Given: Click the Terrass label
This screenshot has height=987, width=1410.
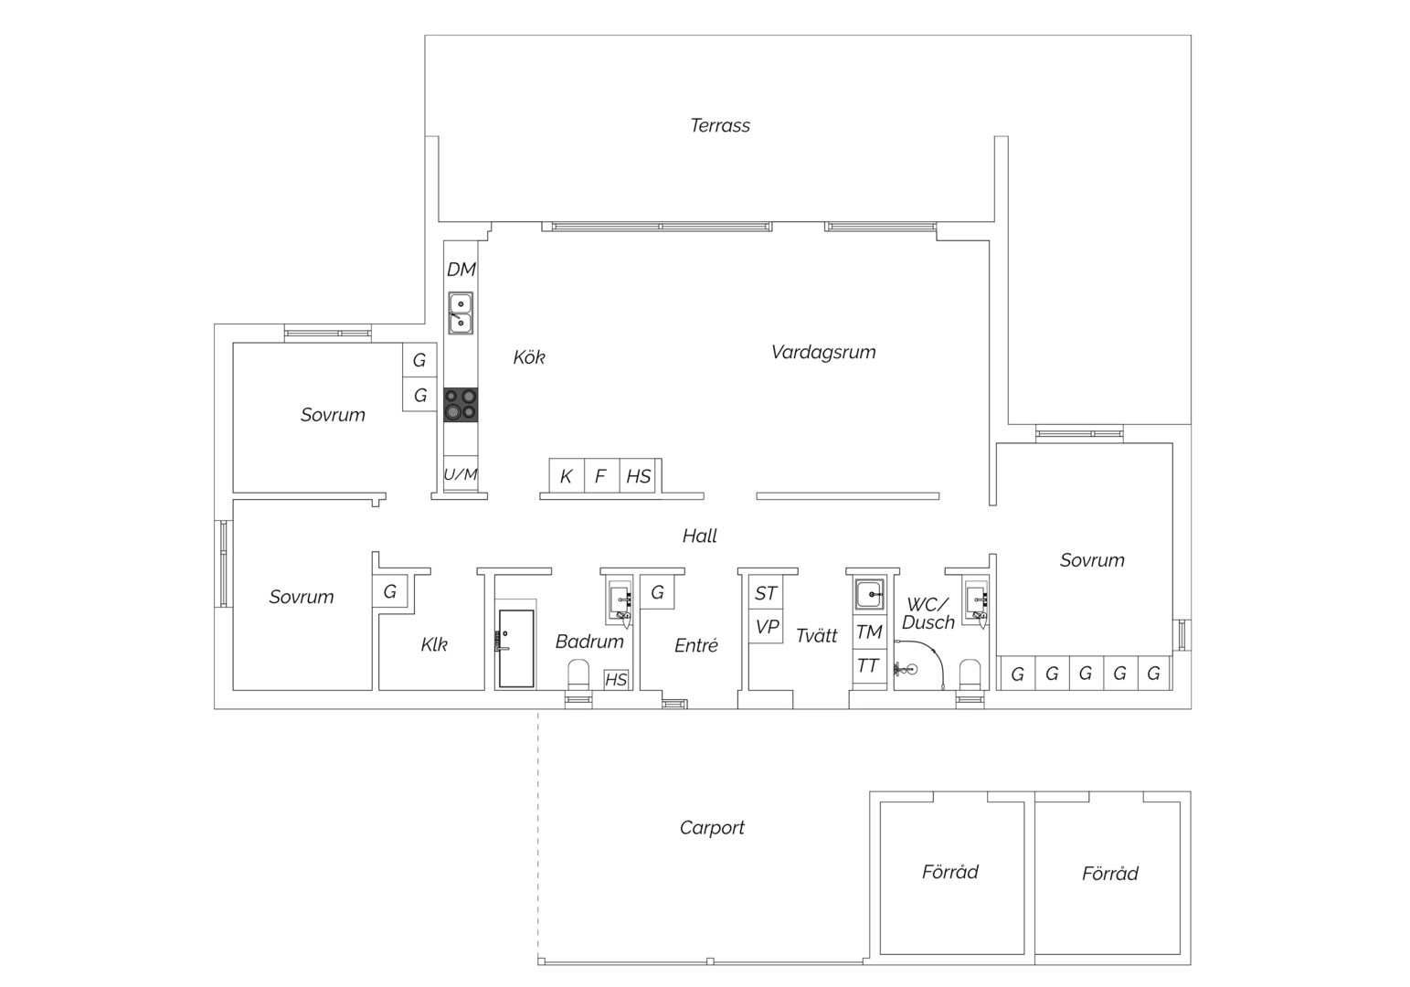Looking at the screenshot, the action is click(720, 126).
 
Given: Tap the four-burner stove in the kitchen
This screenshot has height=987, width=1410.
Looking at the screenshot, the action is click(461, 405).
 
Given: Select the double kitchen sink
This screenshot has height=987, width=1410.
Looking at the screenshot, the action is click(461, 313).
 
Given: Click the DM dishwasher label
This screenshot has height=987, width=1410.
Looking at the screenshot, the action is click(461, 270).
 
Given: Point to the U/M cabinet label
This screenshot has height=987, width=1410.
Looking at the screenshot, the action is click(461, 474).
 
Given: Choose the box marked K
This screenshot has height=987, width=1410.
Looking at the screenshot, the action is click(567, 476).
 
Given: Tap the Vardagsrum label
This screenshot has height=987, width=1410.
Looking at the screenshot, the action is click(823, 352).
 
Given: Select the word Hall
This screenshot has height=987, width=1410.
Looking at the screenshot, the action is click(700, 536).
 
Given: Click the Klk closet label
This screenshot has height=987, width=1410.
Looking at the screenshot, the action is click(434, 644).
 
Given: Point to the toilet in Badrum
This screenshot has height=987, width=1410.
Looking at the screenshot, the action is click(578, 674).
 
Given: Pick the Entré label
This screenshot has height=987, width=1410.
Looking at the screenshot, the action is click(696, 645).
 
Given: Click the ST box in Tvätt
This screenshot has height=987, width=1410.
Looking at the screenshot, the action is click(766, 592).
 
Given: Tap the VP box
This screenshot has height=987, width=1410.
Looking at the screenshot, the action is click(766, 626).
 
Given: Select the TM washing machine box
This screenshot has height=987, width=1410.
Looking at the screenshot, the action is click(869, 631).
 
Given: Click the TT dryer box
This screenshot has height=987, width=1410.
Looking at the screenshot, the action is click(869, 665).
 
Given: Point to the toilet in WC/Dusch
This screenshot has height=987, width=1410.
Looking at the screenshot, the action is click(970, 674).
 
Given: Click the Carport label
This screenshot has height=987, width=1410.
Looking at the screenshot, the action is click(712, 828).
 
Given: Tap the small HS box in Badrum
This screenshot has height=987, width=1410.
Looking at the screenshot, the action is click(616, 679).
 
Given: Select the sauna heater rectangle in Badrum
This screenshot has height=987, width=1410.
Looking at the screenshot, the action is click(516, 648).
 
